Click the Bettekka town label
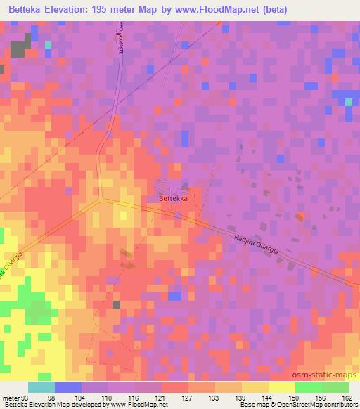click(173, 199)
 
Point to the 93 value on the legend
click(27, 397)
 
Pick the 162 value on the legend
click(348, 397)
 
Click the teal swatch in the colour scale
click(41, 387)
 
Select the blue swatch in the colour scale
click(68, 387)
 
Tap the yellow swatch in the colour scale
click(282, 387)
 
